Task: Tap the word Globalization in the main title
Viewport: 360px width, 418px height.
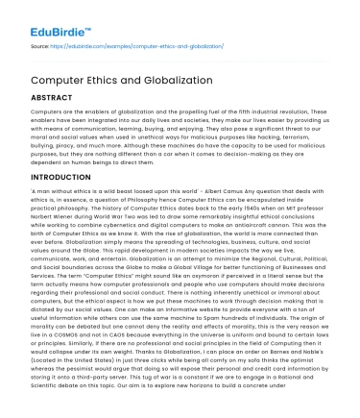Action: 193,79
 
